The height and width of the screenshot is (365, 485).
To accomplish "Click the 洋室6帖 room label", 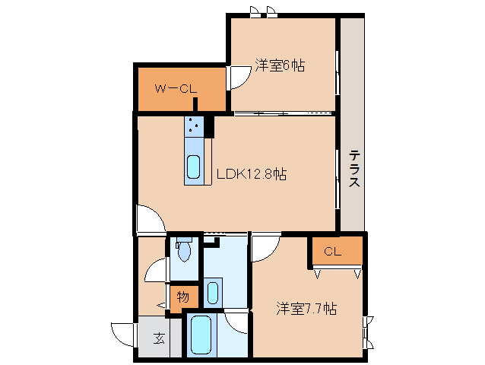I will click(281, 66).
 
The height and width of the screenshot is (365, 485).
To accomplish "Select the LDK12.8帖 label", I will click(252, 174).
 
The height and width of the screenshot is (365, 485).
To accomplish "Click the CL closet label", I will click(332, 252).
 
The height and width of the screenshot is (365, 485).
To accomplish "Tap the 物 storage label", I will click(183, 297).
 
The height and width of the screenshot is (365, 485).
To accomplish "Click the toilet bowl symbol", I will click(184, 250).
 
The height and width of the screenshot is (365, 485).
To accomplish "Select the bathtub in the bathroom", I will click(201, 335).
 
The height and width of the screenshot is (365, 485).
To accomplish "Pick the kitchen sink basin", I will click(194, 166).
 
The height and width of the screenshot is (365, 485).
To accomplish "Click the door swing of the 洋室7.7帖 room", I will click(265, 248).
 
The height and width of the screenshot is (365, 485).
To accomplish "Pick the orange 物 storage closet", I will click(183, 297).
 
